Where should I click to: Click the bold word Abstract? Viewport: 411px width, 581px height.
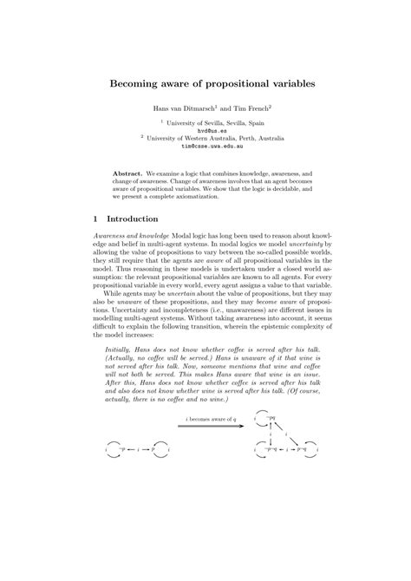(128, 173)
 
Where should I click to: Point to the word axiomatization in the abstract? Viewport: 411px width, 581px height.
(219, 195)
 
